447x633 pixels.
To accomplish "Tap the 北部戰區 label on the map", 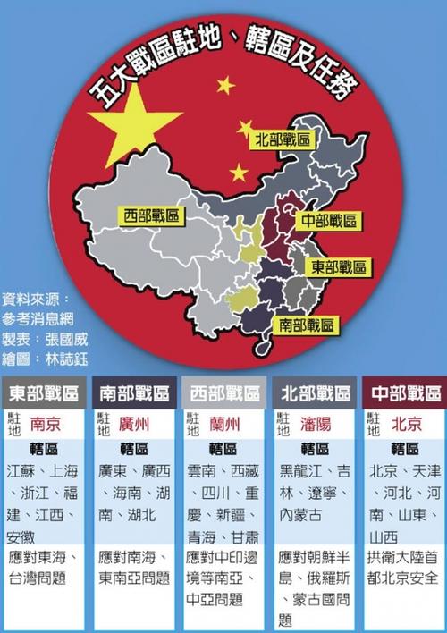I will [x=283, y=139].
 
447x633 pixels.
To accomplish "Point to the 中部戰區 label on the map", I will [x=329, y=220].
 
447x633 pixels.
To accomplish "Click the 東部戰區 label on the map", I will [x=340, y=266].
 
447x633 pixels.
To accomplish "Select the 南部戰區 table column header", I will [x=133, y=393].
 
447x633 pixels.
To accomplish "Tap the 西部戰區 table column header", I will [x=223, y=393].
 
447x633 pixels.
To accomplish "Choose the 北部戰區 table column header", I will [x=314, y=393].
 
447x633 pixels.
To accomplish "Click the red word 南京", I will [x=46, y=424].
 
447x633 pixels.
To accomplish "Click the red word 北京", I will [x=407, y=424].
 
